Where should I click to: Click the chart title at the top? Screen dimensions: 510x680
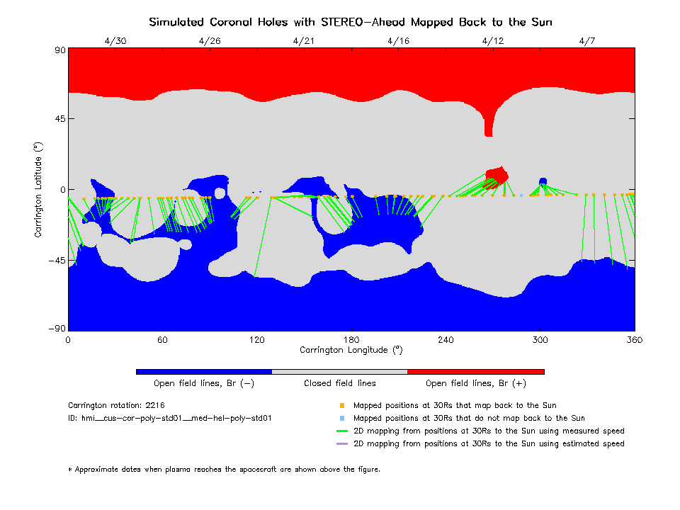[351, 22]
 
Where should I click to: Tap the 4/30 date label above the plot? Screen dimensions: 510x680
[115, 40]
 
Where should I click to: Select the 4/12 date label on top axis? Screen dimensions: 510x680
[492, 40]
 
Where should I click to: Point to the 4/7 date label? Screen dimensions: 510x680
[586, 40]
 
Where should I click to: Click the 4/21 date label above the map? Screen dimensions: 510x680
[303, 40]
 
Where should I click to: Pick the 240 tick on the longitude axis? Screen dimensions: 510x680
[446, 340]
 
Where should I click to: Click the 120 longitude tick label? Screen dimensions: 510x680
[256, 340]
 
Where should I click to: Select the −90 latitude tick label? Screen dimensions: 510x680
[56, 329]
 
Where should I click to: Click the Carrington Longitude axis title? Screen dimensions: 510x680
[351, 350]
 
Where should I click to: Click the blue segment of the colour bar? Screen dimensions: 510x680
[203, 371]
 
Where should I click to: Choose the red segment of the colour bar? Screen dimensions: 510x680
[475, 371]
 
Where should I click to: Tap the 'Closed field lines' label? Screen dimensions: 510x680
[340, 383]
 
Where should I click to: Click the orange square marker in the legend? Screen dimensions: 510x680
[341, 406]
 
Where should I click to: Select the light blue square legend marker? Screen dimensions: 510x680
[341, 419]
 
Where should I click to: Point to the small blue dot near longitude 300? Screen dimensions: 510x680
[543, 181]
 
